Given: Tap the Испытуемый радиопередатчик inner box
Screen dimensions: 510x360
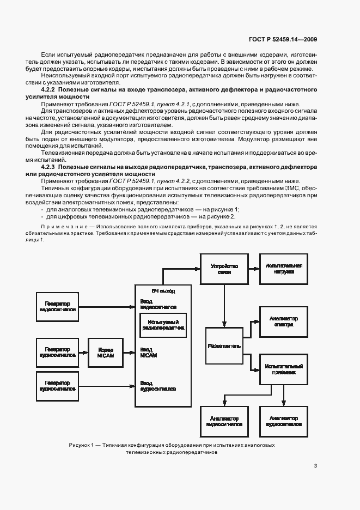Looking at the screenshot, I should point(163,326).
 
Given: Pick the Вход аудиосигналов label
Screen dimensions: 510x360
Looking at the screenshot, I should point(158,386).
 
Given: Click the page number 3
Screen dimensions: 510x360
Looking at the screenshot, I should point(316,466).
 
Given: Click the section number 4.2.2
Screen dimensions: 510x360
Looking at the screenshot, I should point(50,89).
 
